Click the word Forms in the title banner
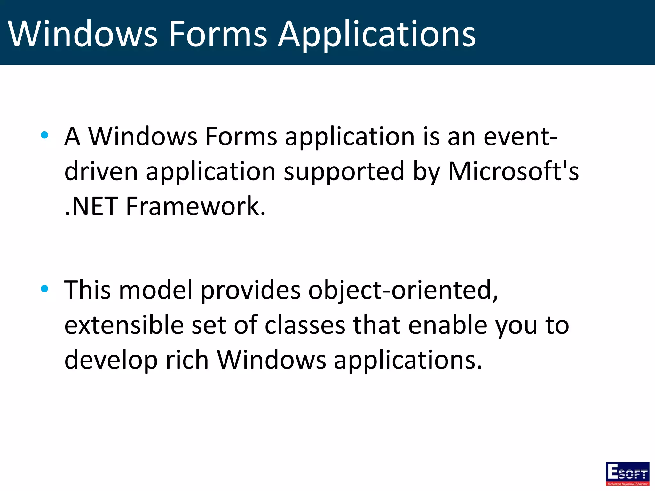tap(217, 34)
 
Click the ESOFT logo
tap(627, 473)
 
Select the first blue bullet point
tap(44, 135)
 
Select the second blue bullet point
tap(44, 289)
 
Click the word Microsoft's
tap(513, 171)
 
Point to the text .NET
tap(91, 206)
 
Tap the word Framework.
tap(196, 206)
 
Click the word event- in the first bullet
tap(520, 137)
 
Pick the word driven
tap(101, 171)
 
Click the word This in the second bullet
tap(87, 290)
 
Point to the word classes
tap(305, 325)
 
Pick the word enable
tap(448, 325)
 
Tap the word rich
tap(187, 360)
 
